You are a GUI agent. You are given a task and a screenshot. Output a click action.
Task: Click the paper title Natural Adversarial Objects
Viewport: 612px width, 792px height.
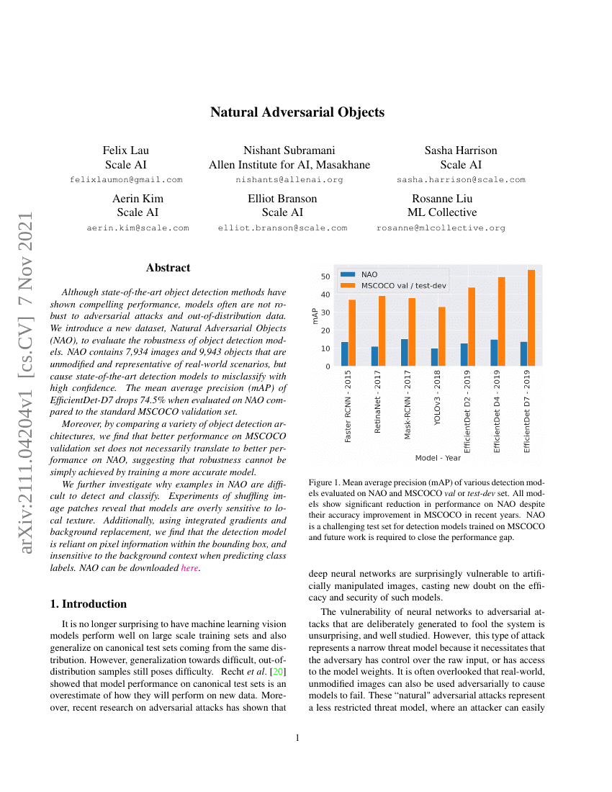pos(297,112)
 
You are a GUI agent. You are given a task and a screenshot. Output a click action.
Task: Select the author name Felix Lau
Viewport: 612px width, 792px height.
pos(126,150)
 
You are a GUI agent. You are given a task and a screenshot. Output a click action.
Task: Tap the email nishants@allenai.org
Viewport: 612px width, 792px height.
pos(289,179)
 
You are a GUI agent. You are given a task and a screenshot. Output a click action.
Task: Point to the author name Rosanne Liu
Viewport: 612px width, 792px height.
pos(441,199)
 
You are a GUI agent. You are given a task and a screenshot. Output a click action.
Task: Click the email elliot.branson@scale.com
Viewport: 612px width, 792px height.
pos(282,228)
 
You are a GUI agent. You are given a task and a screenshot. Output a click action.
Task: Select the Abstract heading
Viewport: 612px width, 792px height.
pos(168,268)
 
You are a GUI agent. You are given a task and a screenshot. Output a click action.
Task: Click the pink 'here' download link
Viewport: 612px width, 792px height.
pos(189,568)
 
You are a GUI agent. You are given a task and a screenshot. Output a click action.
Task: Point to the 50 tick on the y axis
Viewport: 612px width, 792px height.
pos(325,276)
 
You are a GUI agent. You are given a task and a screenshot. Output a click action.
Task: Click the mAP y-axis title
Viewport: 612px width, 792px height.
pos(315,316)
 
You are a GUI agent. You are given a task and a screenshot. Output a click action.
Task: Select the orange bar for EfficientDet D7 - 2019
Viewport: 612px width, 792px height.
pos(531,318)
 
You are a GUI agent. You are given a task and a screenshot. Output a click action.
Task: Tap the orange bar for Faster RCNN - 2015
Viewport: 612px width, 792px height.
pos(353,333)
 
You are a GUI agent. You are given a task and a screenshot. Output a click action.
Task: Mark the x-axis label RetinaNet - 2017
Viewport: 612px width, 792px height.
pos(379,413)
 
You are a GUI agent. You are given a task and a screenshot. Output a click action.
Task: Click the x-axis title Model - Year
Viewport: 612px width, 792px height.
pos(438,458)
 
